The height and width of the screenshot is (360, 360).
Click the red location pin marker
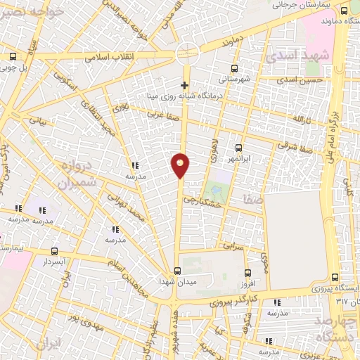pos(181,165)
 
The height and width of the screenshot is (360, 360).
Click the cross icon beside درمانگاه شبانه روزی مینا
pos(185,85)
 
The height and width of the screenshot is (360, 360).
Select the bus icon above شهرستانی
pos(235,69)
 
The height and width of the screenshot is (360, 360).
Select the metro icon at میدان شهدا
pos(177,271)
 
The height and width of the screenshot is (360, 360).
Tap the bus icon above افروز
pos(247,273)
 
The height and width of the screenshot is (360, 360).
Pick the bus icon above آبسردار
pos(55,250)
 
